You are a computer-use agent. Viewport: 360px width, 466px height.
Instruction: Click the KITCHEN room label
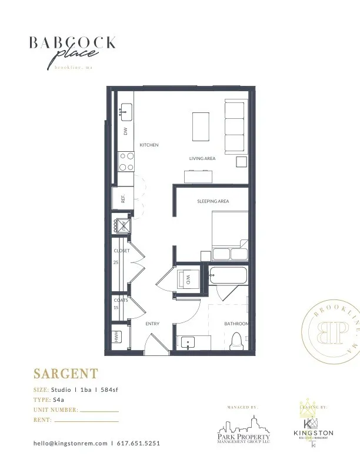(x=149, y=145)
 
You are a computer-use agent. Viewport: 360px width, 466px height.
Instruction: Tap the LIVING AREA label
(x=202, y=158)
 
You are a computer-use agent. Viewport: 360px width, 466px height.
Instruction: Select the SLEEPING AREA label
(x=213, y=201)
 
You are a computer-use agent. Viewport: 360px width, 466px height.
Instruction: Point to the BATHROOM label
(x=236, y=324)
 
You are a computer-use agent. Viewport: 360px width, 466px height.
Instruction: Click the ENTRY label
(x=152, y=324)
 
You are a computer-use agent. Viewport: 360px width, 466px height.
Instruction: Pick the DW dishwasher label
(x=125, y=132)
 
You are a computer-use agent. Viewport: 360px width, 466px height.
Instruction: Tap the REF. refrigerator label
(x=124, y=199)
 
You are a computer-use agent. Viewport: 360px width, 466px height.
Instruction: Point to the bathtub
(x=227, y=275)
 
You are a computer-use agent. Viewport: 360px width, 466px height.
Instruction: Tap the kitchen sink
(x=126, y=109)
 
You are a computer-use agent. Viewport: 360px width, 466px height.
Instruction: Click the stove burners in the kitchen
(x=126, y=161)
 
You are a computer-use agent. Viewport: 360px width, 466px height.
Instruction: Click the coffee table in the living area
(x=201, y=126)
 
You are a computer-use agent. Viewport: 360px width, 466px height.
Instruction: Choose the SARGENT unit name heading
(x=65, y=374)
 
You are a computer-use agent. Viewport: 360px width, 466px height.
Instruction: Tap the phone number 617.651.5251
(x=138, y=443)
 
